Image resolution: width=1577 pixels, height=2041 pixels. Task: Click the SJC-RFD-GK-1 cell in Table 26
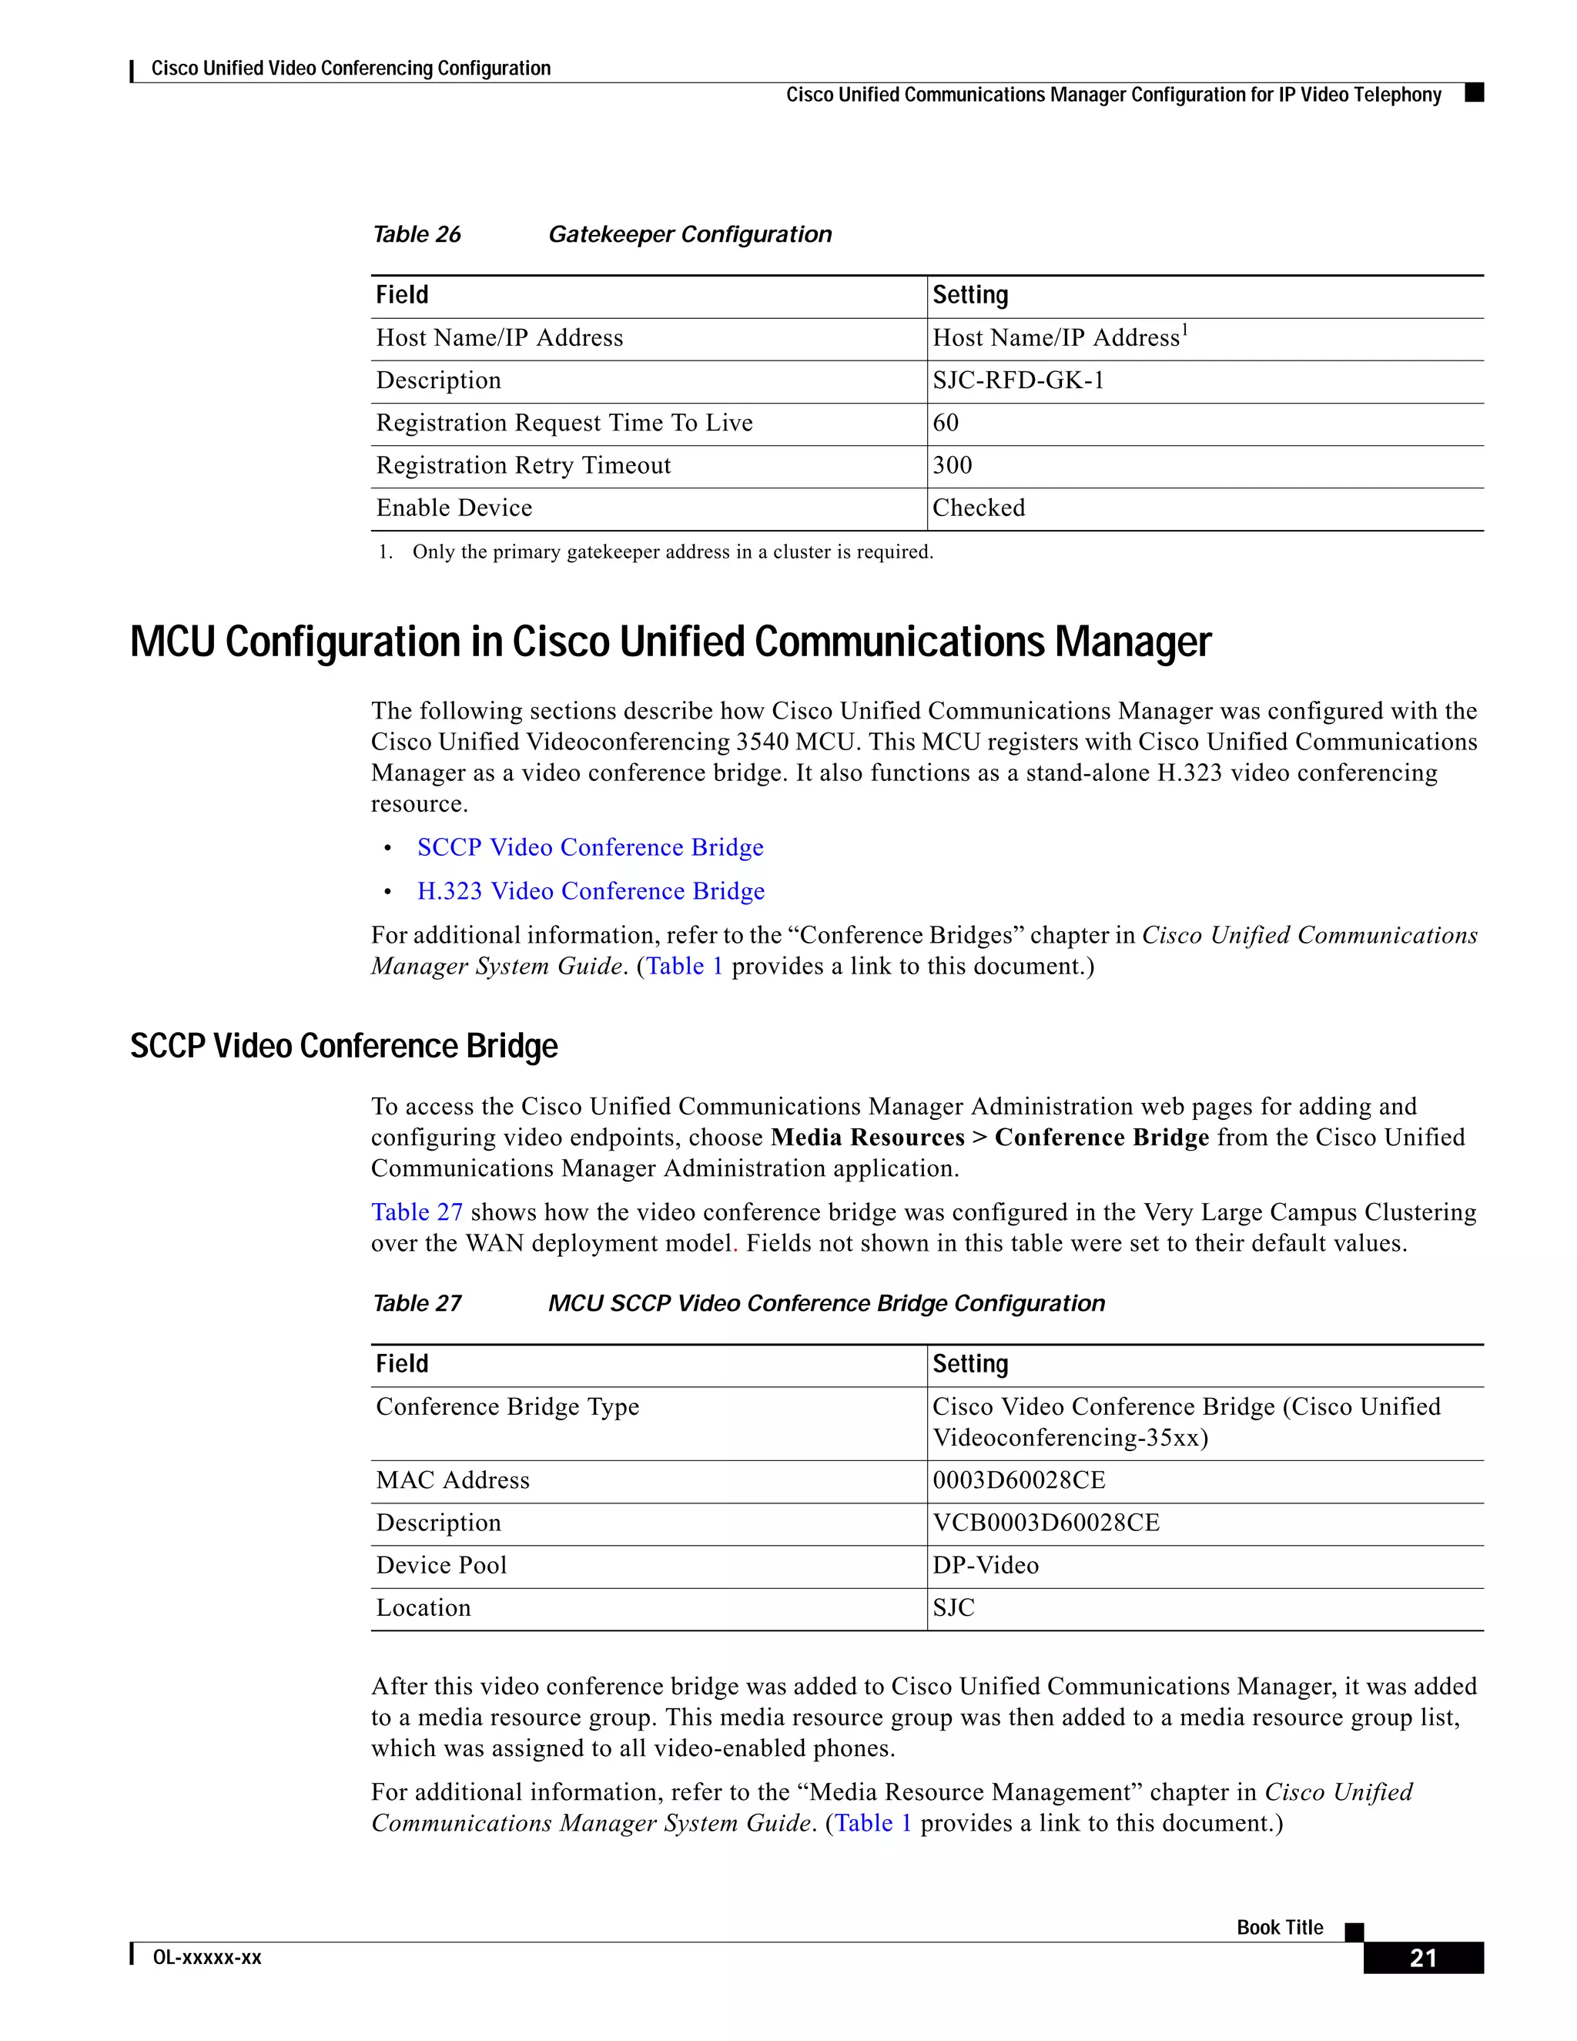pyautogui.click(x=1017, y=380)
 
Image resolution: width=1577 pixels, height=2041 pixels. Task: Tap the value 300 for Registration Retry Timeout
pyautogui.click(x=952, y=465)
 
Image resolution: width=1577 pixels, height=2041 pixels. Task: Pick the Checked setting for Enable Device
pyautogui.click(x=978, y=508)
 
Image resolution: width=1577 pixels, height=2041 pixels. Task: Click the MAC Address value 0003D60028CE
pyautogui.click(x=1018, y=1480)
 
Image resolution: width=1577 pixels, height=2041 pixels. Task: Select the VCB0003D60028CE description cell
pyautogui.click(x=1046, y=1523)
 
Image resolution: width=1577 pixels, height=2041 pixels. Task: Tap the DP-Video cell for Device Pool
pyautogui.click(x=985, y=1565)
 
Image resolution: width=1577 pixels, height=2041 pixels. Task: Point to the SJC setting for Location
pyautogui.click(x=953, y=1607)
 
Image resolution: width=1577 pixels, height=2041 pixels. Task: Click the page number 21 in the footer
pyautogui.click(x=1422, y=1958)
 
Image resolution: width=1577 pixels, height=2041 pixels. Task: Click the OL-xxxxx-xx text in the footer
pyautogui.click(x=206, y=1958)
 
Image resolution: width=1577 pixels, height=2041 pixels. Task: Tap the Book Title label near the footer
pyautogui.click(x=1279, y=1927)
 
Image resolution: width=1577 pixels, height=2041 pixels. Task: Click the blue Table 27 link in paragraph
pyautogui.click(x=417, y=1212)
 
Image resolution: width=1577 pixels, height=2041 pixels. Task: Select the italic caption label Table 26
pyautogui.click(x=417, y=235)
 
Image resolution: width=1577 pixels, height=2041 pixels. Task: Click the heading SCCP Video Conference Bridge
pyautogui.click(x=343, y=1046)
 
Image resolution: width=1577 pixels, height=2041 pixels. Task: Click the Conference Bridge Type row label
pyautogui.click(x=507, y=1406)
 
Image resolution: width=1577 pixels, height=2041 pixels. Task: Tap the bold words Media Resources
pyautogui.click(x=867, y=1138)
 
